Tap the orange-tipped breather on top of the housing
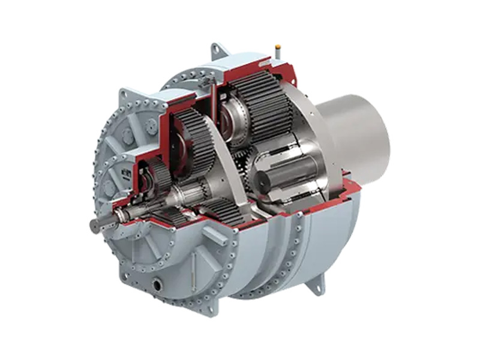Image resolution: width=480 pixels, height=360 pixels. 278,46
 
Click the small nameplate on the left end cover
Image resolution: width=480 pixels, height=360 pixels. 125,173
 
